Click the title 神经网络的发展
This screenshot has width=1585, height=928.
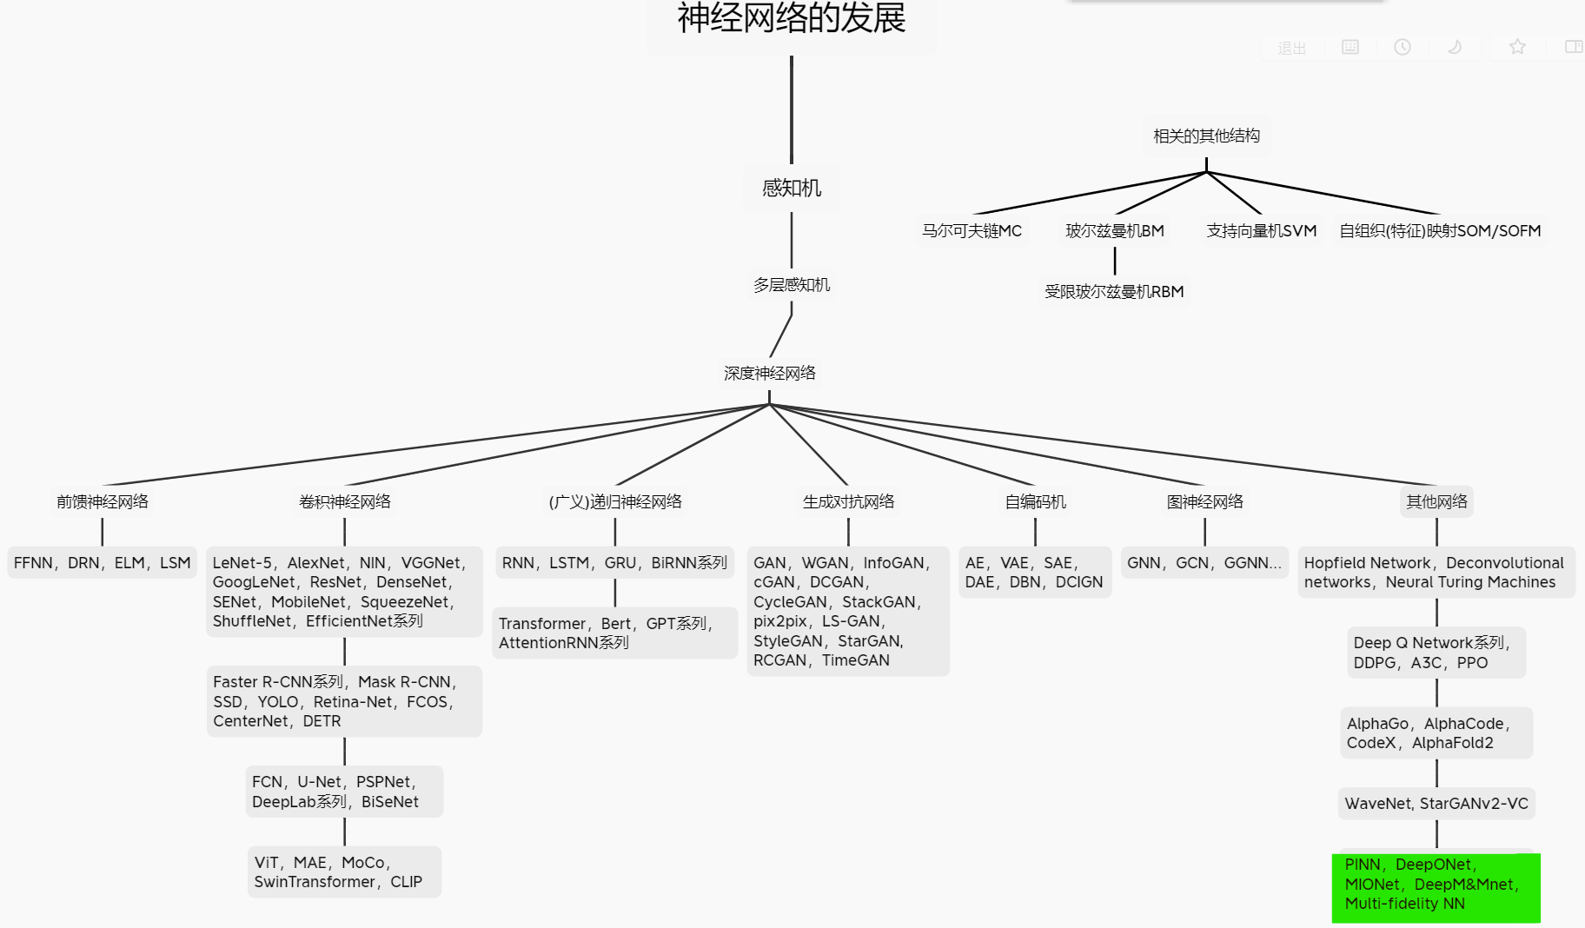tap(791, 19)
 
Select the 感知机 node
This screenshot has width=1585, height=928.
tap(791, 188)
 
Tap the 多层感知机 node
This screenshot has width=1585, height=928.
tap(791, 285)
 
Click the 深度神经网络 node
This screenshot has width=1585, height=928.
tap(769, 374)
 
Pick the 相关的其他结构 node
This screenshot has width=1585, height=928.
tap(1206, 136)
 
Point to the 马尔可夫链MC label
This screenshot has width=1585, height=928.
tap(972, 231)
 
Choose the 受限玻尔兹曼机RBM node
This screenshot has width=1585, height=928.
tap(1114, 292)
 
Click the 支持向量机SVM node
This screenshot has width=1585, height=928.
tap(1261, 231)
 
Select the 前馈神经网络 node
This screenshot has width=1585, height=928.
tap(103, 502)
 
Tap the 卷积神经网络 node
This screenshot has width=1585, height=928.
tap(344, 502)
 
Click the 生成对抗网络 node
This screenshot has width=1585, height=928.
tap(848, 502)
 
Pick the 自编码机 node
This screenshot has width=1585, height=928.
tap(1035, 502)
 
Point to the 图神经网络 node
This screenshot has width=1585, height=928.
tap(1204, 502)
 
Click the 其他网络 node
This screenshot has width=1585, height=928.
tap(1436, 502)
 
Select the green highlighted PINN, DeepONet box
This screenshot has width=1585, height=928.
tap(1436, 885)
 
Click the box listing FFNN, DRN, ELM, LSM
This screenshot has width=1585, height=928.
tap(103, 563)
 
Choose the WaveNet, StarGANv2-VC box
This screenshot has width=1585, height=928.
tap(1436, 804)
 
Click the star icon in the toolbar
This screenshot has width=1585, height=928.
tap(1517, 47)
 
